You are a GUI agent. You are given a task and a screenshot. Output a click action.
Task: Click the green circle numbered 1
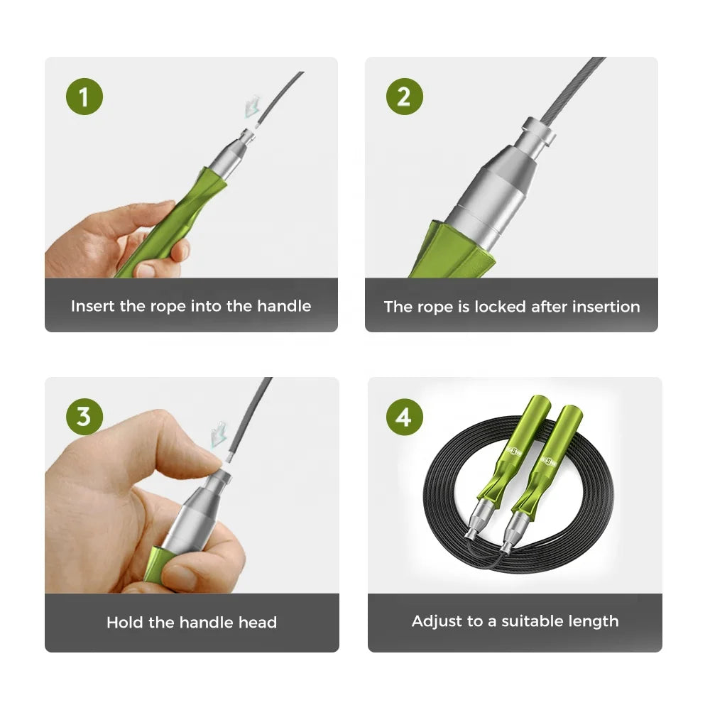(x=84, y=97)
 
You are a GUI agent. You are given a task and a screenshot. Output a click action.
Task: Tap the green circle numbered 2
(x=405, y=97)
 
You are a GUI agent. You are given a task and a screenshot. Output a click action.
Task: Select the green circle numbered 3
(x=84, y=417)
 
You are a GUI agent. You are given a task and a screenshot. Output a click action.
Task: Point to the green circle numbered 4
(x=405, y=417)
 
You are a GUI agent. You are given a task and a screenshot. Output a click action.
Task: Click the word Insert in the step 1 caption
(x=93, y=306)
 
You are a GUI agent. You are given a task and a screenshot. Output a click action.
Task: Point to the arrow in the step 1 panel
(x=252, y=107)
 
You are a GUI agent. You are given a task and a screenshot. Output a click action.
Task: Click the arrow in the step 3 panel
(x=218, y=435)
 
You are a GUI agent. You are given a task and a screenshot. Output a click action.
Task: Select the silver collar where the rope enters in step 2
(x=539, y=131)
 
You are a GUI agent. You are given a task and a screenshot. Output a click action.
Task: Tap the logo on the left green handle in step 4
(x=514, y=452)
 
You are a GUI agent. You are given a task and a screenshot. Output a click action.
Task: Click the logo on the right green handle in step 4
(x=549, y=461)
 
